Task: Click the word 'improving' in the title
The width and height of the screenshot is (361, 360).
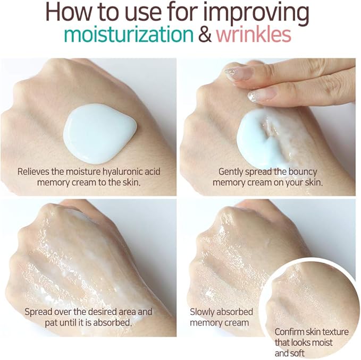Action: tap(262, 12)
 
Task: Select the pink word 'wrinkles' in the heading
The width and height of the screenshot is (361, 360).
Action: tap(253, 35)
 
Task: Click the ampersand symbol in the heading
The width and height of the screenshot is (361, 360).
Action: tap(204, 35)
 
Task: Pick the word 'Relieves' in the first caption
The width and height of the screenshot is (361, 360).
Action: tap(34, 172)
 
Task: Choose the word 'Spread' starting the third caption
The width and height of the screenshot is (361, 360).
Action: tap(38, 312)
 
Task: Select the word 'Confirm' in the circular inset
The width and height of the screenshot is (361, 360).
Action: tap(290, 332)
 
